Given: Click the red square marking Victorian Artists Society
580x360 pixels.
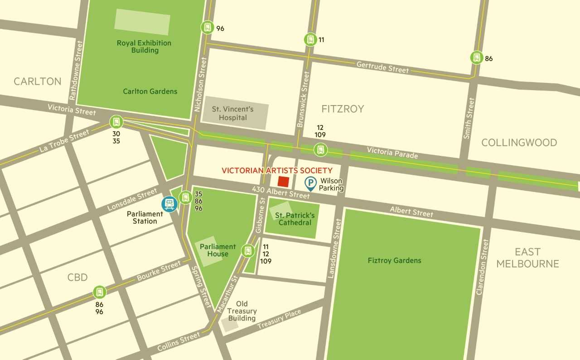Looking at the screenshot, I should [x=283, y=182].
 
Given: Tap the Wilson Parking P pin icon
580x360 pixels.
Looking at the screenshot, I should [x=310, y=183].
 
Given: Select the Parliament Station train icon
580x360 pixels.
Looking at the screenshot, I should [x=169, y=204].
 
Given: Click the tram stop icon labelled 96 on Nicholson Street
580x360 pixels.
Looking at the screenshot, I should [x=207, y=27].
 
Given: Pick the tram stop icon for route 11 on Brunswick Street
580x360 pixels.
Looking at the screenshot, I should [x=310, y=39].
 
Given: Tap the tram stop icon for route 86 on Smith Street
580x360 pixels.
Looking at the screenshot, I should [x=476, y=58].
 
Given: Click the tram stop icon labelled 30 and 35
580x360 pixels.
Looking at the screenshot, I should [x=116, y=122].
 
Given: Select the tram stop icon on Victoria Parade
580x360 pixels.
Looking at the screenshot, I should [x=320, y=149].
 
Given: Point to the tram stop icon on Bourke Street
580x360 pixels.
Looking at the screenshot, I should [x=100, y=292].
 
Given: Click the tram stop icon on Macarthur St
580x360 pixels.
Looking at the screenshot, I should [x=248, y=250].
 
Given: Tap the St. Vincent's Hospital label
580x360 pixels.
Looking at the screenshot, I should [x=233, y=113].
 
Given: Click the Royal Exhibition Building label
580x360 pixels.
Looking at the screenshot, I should [x=144, y=47].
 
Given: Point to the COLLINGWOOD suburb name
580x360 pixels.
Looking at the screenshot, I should [x=519, y=143].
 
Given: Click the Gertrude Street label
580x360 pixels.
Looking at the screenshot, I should [x=382, y=67].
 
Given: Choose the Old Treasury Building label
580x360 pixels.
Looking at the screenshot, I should [x=242, y=311].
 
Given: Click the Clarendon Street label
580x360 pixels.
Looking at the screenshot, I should [x=483, y=267].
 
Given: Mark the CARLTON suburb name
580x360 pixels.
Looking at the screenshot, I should [x=37, y=82].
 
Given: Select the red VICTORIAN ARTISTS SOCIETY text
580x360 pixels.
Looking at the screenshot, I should [x=277, y=170].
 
